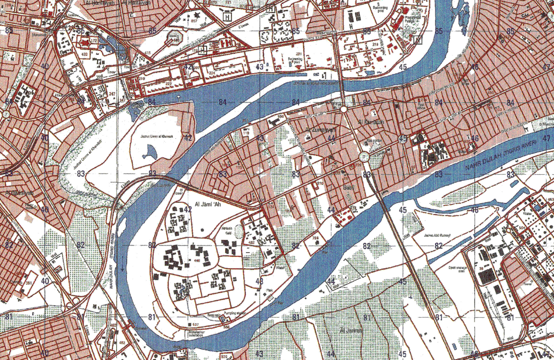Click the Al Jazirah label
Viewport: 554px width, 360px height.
[351, 330]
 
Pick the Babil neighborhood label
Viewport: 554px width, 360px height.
[348, 187]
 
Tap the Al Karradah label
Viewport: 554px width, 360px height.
[370, 122]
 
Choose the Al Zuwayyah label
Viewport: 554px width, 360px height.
[316, 131]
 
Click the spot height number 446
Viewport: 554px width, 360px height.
[196, 260]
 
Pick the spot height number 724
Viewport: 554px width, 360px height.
[316, 238]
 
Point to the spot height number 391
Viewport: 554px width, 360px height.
[29, 282]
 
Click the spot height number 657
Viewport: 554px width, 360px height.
[194, 21]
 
